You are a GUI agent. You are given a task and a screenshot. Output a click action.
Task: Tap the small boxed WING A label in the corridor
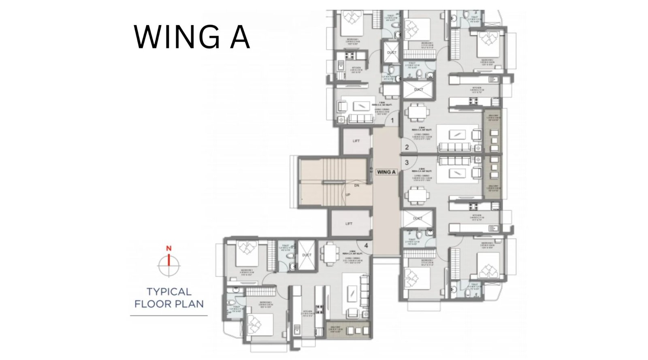click(x=386, y=172)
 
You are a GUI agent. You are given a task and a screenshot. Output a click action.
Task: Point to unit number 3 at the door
click(x=407, y=163)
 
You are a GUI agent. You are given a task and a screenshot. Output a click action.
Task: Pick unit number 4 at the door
click(x=366, y=245)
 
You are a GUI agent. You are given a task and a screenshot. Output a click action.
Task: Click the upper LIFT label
click(x=356, y=141)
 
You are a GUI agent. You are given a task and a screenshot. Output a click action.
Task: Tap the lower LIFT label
click(x=349, y=224)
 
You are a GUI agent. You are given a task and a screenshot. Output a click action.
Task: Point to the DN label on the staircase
click(x=356, y=185)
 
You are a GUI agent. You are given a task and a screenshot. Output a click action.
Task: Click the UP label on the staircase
click(x=347, y=194)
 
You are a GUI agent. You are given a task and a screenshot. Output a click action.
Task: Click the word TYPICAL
click(x=169, y=292)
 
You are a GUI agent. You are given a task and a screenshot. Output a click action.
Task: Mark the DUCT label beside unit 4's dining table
click(x=307, y=255)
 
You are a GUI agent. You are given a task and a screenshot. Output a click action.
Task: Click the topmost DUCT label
click(x=392, y=53)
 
